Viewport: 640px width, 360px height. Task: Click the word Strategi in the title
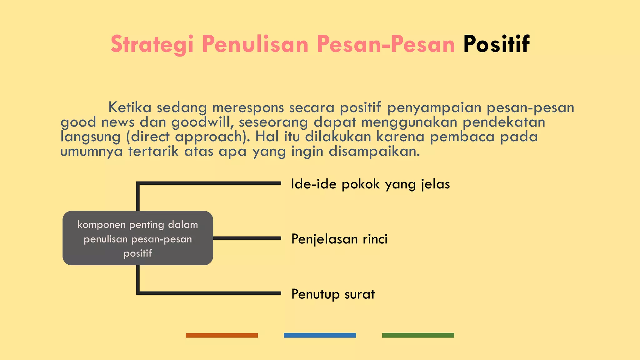click(x=152, y=44)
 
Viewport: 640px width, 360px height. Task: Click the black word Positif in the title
click(x=496, y=44)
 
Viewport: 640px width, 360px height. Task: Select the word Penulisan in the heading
click(x=255, y=44)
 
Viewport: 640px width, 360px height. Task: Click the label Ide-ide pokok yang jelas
click(x=370, y=184)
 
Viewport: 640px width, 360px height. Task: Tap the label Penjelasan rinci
click(x=339, y=239)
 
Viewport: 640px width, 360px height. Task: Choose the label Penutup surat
click(x=333, y=294)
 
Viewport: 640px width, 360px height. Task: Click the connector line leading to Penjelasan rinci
click(x=247, y=238)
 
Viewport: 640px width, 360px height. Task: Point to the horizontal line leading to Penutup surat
click(x=209, y=293)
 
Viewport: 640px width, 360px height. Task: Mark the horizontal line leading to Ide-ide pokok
click(x=209, y=183)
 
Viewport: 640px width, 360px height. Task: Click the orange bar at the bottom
click(x=222, y=335)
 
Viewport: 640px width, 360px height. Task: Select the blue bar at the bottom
click(x=320, y=335)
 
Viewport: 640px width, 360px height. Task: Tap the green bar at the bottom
click(x=418, y=335)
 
